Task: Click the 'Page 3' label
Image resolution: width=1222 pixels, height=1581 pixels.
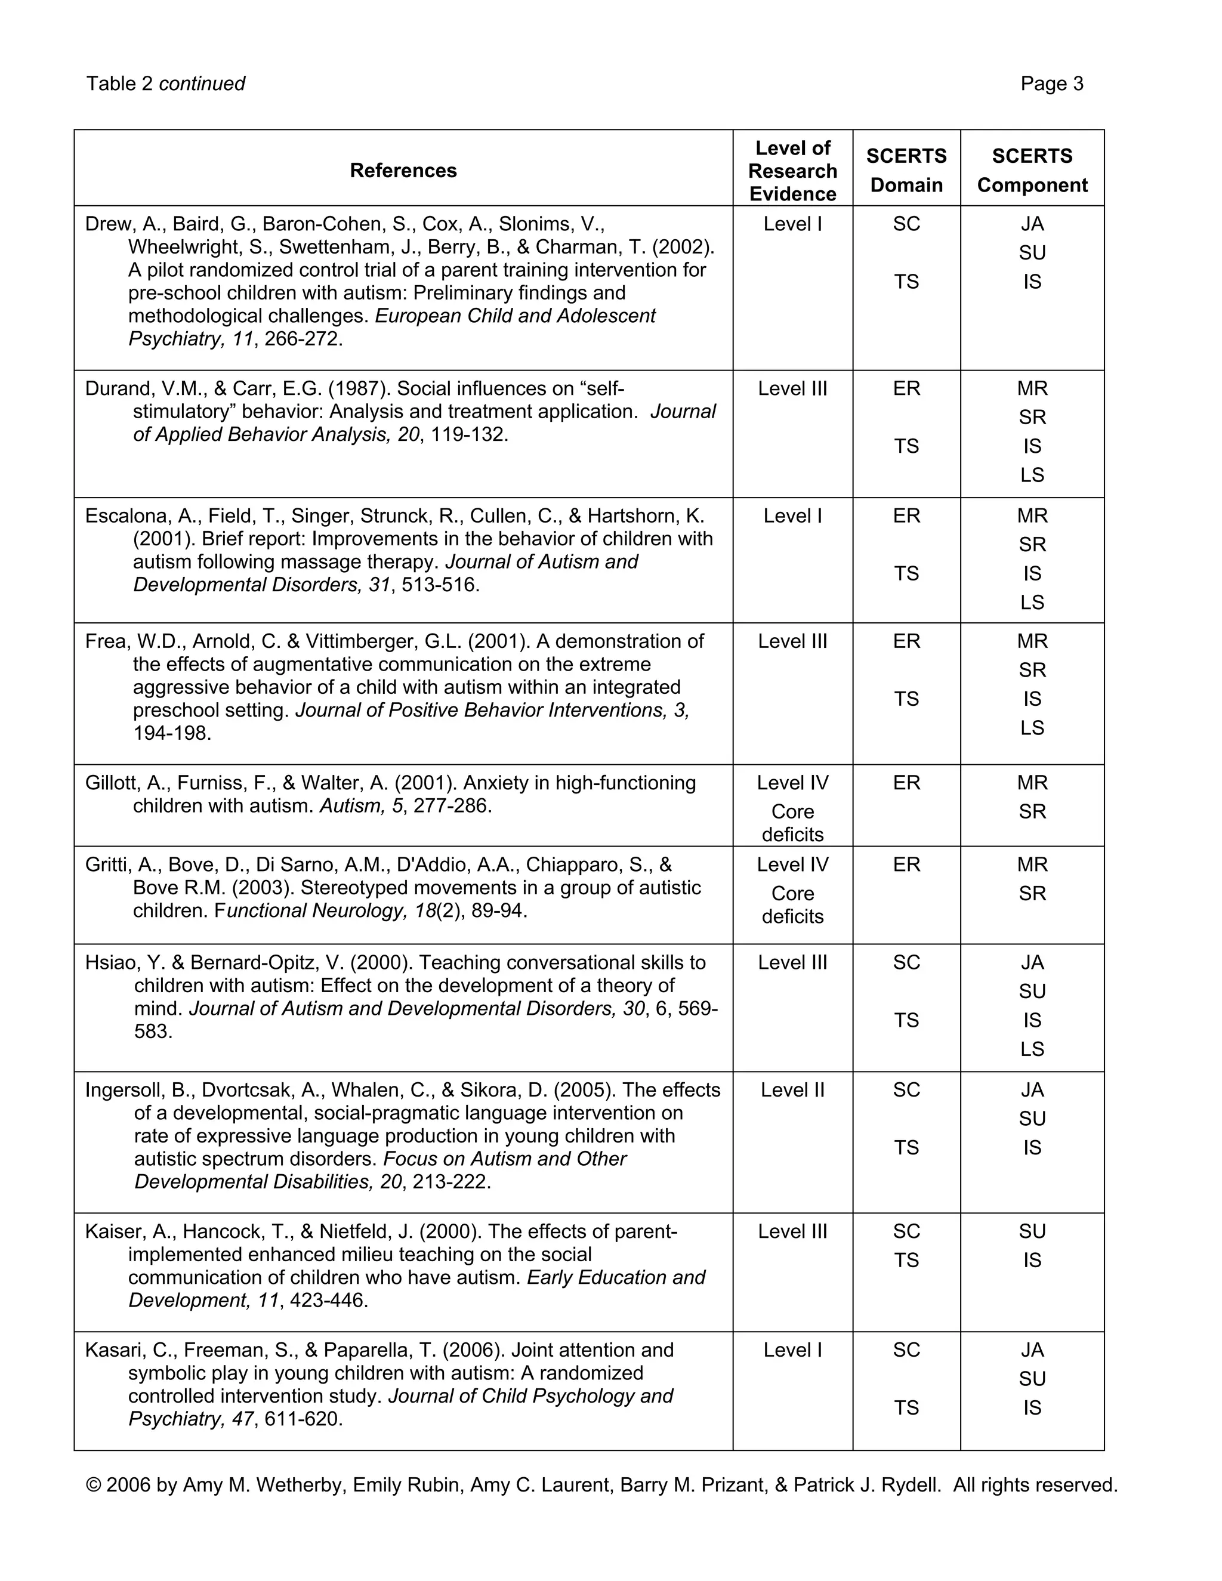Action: click(x=1051, y=84)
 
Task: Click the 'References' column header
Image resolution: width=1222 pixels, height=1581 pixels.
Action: click(x=403, y=171)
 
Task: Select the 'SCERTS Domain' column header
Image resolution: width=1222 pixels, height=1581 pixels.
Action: click(x=906, y=171)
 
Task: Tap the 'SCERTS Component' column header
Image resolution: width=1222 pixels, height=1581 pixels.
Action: click(x=1032, y=171)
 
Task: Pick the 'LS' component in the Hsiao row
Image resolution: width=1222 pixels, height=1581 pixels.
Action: click(x=1032, y=1049)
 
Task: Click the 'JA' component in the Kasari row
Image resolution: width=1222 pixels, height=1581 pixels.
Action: click(x=1032, y=1350)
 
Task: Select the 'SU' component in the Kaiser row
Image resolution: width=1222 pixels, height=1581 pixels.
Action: click(x=1032, y=1231)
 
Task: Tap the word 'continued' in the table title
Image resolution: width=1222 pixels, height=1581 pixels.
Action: click(x=202, y=84)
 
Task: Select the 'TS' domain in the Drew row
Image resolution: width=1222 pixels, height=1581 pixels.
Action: click(x=906, y=282)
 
